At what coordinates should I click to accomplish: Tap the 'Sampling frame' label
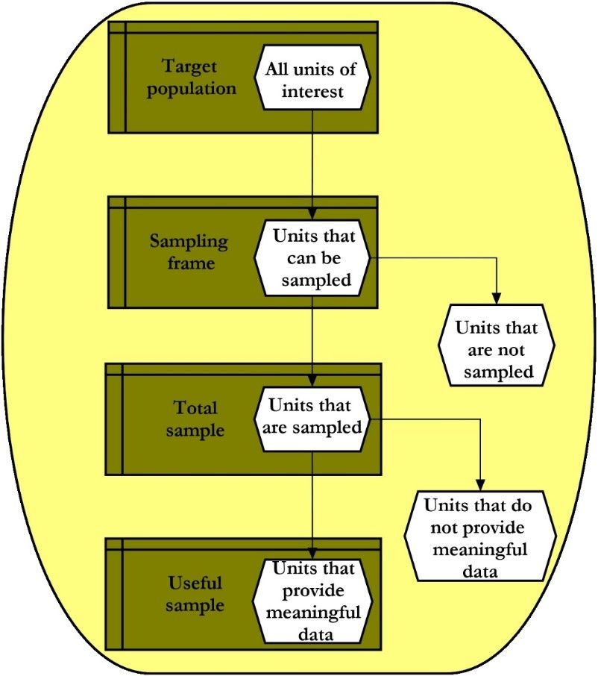click(189, 252)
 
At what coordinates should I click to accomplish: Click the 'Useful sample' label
click(195, 593)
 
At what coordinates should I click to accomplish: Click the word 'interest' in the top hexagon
click(312, 93)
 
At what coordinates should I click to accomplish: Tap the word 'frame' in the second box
click(189, 263)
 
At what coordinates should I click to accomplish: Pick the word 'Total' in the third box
click(195, 408)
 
